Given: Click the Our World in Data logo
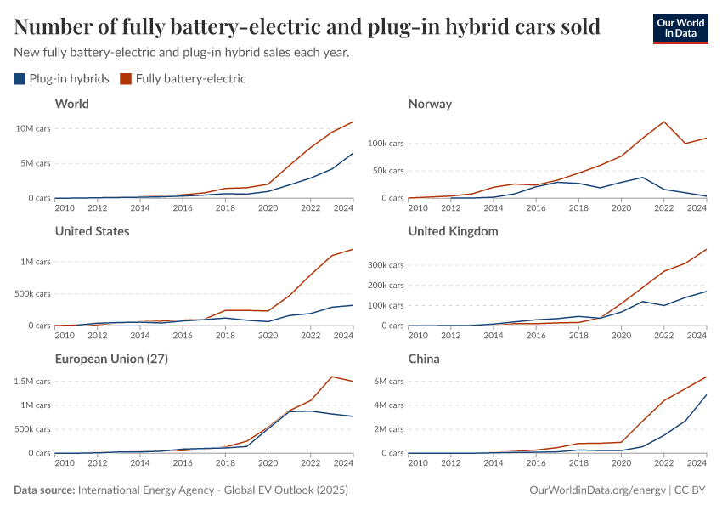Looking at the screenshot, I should pos(680,28).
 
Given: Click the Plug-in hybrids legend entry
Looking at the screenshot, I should pos(61,79).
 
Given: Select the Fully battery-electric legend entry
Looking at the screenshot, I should pos(183,79).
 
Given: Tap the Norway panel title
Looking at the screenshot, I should pos(430,104).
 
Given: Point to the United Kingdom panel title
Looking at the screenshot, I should pos(453,231).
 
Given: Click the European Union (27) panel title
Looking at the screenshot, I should pos(110,359).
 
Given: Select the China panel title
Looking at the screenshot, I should pos(424,359).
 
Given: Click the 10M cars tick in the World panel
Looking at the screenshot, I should pos(33,128).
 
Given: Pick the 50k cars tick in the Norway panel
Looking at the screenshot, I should pos(387,171).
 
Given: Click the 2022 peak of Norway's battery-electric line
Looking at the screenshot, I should pos(664,122).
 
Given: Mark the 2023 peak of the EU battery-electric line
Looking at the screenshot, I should pos(331,377).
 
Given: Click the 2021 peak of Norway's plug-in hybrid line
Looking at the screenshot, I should pos(643,177).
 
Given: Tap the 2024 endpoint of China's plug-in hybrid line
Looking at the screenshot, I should pos(707,394).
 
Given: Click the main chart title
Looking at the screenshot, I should pos(307,27).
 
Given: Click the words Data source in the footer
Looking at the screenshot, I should pos(44,490).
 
